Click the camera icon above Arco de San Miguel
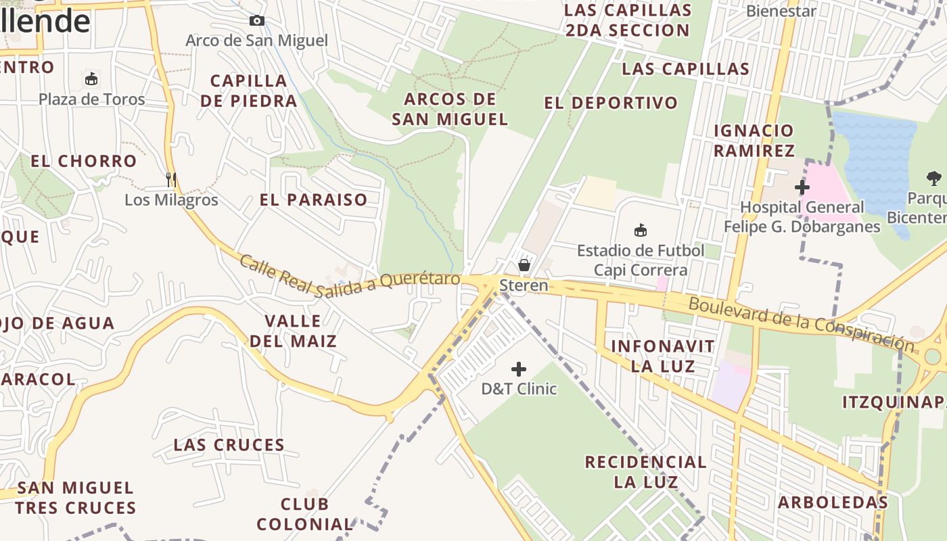[x=257, y=21]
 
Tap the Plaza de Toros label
[x=91, y=99]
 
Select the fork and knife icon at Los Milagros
[x=171, y=179]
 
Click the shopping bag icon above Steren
[x=524, y=264]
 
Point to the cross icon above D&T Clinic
[x=519, y=369]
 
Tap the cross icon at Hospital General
[x=802, y=187]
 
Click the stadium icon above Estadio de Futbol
[x=641, y=231]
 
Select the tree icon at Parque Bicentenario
[x=934, y=179]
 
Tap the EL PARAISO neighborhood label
[x=314, y=199]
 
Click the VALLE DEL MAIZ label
[x=293, y=331]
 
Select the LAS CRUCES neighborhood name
[x=229, y=445]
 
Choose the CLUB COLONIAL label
[x=305, y=514]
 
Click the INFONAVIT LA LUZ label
[x=663, y=356]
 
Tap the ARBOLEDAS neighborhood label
[x=833, y=502]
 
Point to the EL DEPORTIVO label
[x=611, y=103]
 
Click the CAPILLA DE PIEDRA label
[x=249, y=91]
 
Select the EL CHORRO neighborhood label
[x=84, y=161]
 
